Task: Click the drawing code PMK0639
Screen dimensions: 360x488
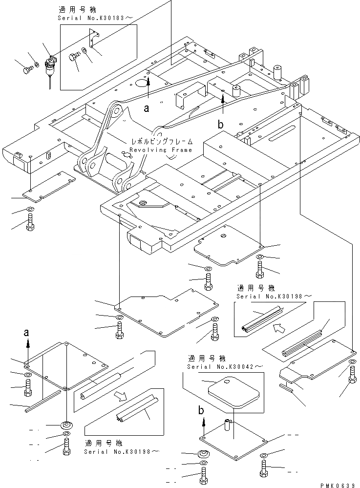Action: [x=337, y=485]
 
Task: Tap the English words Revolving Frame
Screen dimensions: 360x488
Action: [x=161, y=150]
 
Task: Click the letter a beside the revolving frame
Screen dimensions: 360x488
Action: [x=146, y=108]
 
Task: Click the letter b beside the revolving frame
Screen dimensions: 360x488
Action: [x=221, y=125]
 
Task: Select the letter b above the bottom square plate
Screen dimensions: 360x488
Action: [x=201, y=410]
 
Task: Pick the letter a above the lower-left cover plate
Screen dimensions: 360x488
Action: [x=27, y=333]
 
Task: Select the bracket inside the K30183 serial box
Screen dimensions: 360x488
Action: [x=93, y=39]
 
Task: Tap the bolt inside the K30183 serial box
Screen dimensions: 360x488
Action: [x=75, y=57]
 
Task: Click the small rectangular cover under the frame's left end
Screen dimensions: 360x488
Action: [x=49, y=187]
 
